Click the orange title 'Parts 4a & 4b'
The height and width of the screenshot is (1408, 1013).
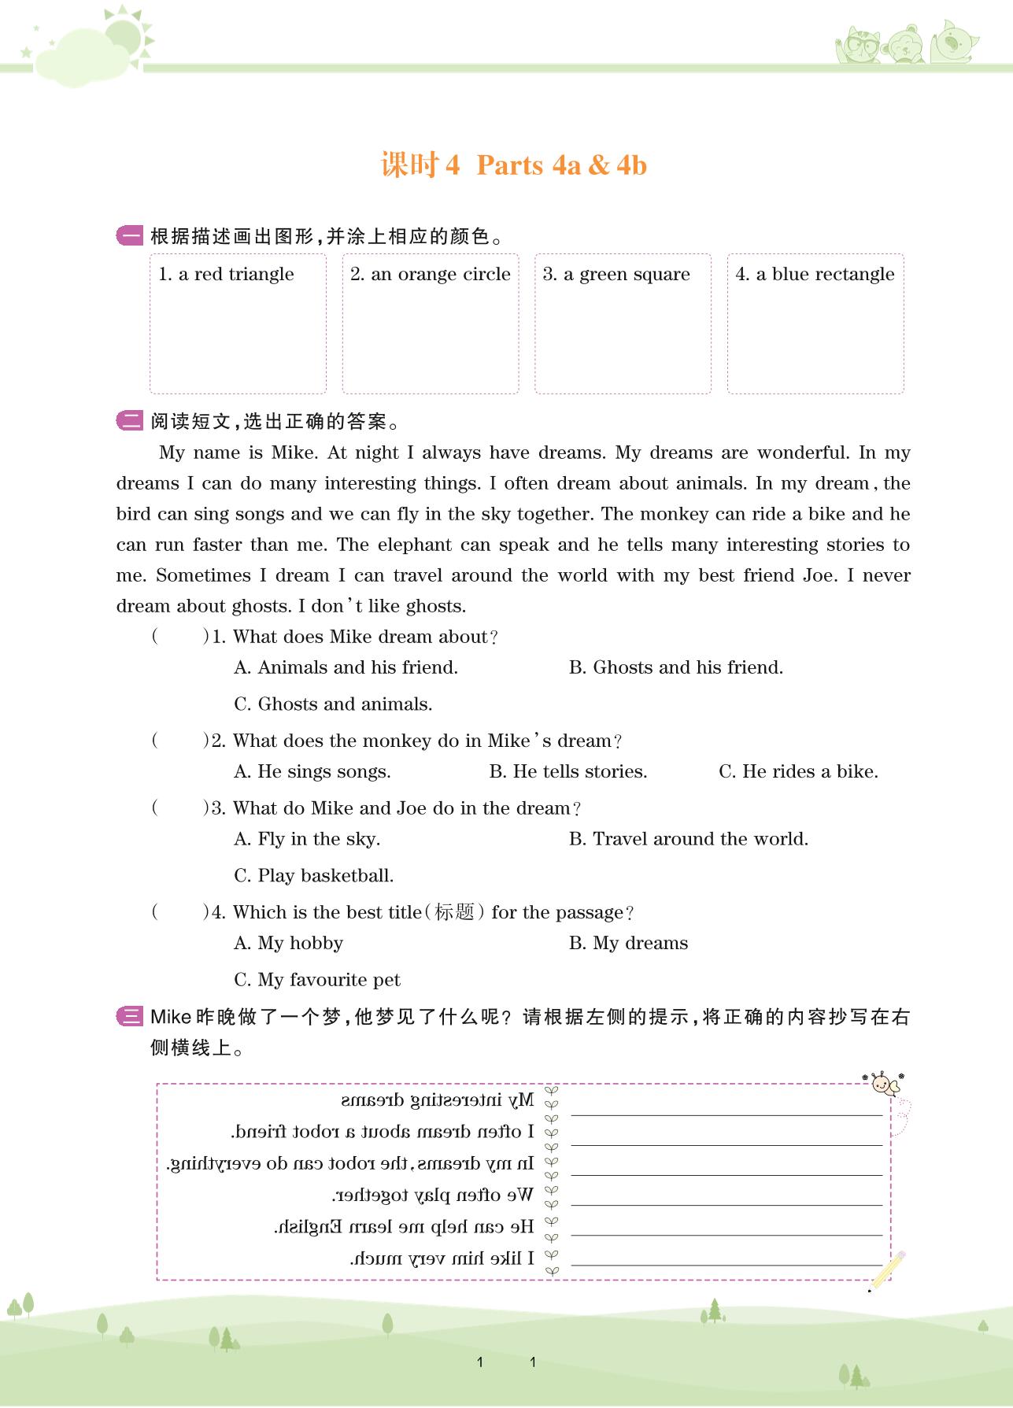coord(561,165)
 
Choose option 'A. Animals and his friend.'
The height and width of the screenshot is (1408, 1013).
coord(346,667)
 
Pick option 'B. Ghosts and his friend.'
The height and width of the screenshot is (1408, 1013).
coord(675,667)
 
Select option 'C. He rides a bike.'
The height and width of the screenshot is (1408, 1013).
coord(798,771)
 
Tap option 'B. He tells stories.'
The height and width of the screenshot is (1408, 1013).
coord(568,771)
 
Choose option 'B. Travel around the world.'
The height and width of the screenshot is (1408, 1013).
coord(688,839)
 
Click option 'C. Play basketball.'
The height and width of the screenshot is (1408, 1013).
coord(313,875)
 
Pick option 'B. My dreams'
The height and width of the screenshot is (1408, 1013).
coord(628,943)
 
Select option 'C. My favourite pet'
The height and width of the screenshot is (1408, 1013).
coord(317,980)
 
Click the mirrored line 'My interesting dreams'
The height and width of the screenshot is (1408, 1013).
coord(438,1100)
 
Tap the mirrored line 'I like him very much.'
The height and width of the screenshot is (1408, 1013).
coord(442,1258)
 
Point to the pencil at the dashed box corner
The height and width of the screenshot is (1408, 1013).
coord(888,1269)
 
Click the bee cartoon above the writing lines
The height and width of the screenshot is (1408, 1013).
coord(885,1085)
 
